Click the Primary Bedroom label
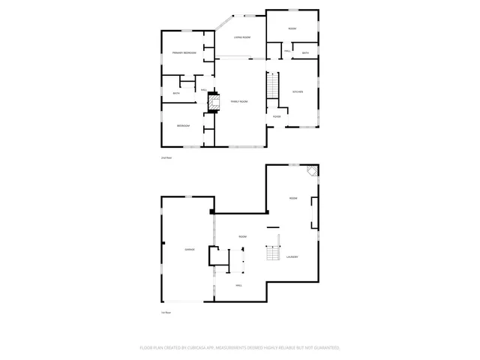(184, 53)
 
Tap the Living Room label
(241, 37)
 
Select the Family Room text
(238, 101)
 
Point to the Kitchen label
(297, 91)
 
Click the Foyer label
(277, 116)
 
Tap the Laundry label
(292, 256)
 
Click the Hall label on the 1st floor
(238, 286)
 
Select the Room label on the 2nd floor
(292, 28)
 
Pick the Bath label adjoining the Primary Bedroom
(175, 93)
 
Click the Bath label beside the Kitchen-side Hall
(305, 53)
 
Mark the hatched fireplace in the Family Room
(213, 103)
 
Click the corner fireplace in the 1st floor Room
(313, 172)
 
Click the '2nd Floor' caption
(166, 158)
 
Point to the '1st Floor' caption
(165, 312)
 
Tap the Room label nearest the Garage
(243, 236)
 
